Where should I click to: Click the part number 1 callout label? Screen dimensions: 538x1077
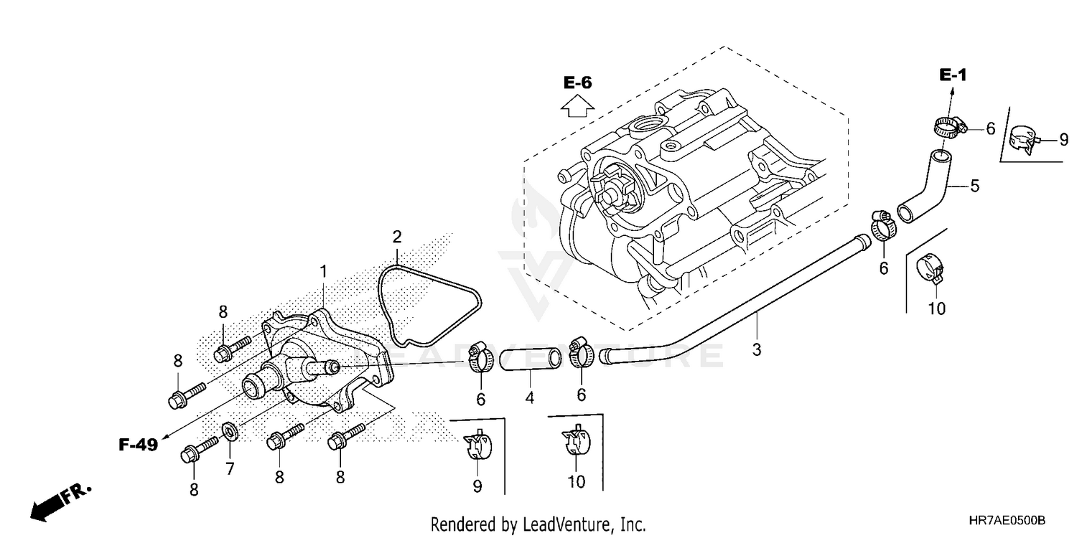[x=323, y=272]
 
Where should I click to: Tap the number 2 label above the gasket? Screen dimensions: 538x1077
[x=396, y=237]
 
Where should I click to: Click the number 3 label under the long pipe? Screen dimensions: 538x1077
[x=757, y=349]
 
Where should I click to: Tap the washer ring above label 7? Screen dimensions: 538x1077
[x=230, y=430]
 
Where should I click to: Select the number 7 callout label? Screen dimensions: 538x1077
[x=230, y=470]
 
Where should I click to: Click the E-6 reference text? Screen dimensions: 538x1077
[x=577, y=82]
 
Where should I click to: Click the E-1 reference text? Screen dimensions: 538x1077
[x=954, y=75]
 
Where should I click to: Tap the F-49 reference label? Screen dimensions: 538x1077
[x=138, y=445]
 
